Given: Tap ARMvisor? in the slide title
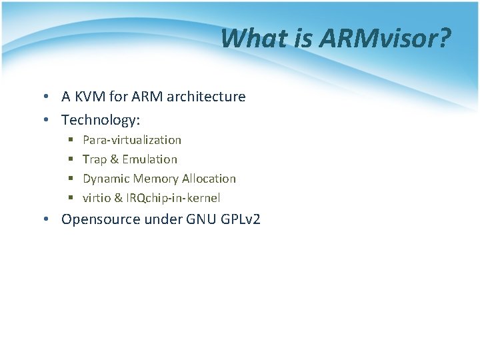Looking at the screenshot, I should tap(385, 39).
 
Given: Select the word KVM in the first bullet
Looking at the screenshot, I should tap(89, 97).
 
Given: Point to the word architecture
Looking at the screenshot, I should tap(206, 97).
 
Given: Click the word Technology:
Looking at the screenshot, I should tap(101, 120).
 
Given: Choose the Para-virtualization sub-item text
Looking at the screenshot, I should tap(132, 140).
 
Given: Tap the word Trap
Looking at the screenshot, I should tap(95, 159).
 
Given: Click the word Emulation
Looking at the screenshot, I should tap(150, 159).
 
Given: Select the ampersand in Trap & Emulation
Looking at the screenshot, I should tap(115, 159).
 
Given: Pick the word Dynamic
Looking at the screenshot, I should tap(106, 179).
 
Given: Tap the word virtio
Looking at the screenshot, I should tap(97, 198).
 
